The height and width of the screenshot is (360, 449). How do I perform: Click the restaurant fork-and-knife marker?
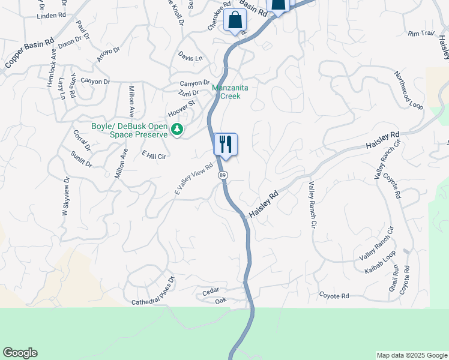226,145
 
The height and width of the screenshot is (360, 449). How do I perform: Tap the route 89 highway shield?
223,175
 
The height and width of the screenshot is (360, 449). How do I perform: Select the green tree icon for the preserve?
177,128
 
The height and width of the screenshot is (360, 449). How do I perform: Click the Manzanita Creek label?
226,92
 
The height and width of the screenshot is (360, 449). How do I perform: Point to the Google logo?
20,353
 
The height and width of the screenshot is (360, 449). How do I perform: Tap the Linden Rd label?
51,16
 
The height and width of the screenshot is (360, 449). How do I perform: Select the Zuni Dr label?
188,92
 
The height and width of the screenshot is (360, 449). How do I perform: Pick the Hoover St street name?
182,108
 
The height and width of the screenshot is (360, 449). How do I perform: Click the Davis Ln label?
190,57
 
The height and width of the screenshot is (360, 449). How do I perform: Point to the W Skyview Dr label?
65,196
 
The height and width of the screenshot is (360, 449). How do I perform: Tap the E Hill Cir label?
153,155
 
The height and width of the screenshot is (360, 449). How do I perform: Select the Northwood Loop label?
408,89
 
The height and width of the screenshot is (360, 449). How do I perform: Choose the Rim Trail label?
420,34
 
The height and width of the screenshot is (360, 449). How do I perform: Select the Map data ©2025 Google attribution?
411,355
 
